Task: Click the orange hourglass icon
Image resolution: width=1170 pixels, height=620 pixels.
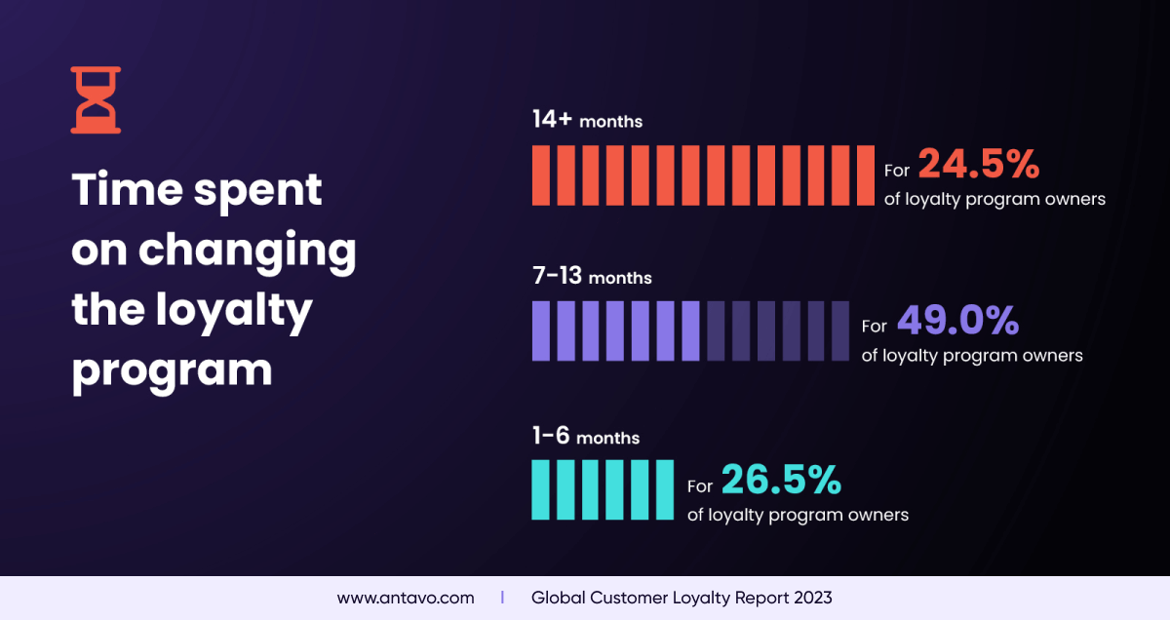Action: coord(96,99)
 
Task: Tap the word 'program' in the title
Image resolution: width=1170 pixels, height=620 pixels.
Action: coord(172,370)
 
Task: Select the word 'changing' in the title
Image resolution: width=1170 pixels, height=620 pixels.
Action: coord(247,251)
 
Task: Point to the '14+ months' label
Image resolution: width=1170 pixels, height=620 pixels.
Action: coord(587,120)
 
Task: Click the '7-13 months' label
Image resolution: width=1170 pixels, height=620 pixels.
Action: coord(592,277)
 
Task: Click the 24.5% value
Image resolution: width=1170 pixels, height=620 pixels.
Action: coord(978,165)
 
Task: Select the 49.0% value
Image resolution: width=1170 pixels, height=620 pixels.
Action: coord(956,321)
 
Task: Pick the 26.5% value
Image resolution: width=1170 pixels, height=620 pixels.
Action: coord(780,480)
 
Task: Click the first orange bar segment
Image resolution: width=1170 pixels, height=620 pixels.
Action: coord(541,175)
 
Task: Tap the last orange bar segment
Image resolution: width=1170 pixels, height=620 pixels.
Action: coord(866,175)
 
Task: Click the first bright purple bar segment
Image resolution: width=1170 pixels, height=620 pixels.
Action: coord(541,331)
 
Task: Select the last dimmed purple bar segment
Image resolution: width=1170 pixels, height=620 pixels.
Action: coord(840,331)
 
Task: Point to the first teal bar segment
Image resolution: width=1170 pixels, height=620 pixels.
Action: coord(541,489)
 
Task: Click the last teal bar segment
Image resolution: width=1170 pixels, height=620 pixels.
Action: coord(666,489)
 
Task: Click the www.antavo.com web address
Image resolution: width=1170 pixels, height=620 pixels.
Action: coord(406,598)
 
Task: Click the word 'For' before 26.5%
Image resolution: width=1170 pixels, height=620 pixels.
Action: coord(700,485)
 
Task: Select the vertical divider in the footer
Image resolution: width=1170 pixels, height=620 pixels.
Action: coord(502,598)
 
